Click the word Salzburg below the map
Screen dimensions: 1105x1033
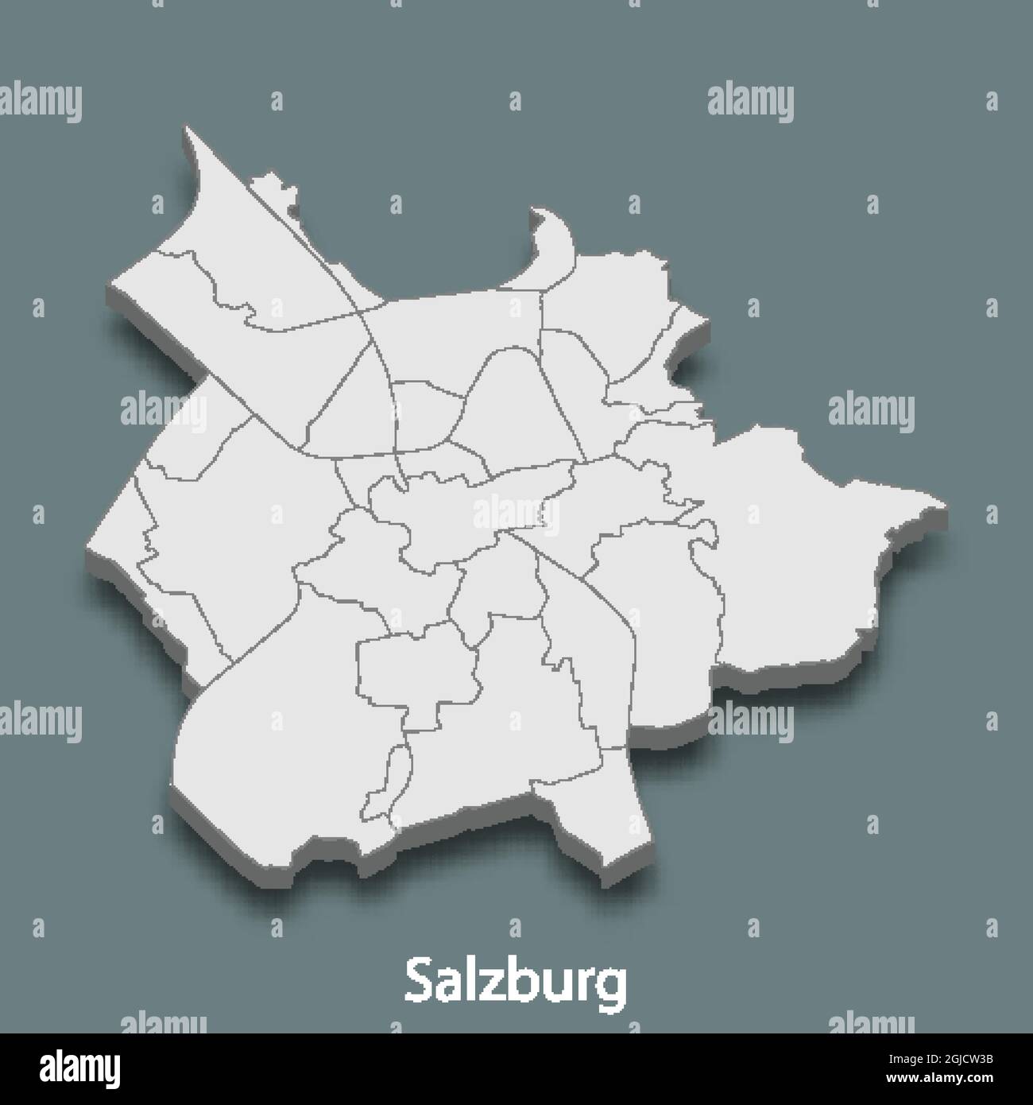click(x=515, y=983)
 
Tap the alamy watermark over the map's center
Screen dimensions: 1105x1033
click(x=515, y=513)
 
